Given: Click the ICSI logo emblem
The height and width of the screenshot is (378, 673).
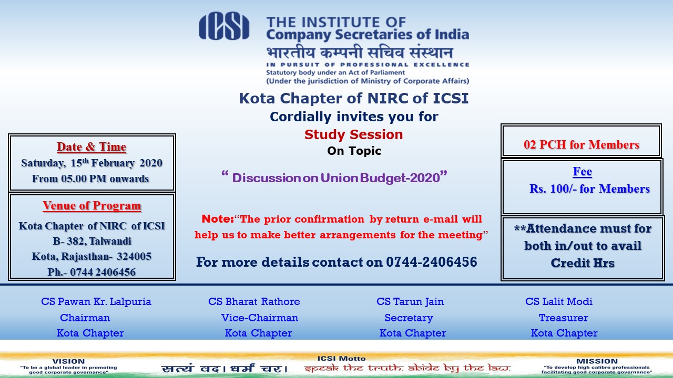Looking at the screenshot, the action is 224,26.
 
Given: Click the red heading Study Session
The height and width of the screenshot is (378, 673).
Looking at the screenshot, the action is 354,134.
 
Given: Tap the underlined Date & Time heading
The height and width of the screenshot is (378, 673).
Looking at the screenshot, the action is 91,146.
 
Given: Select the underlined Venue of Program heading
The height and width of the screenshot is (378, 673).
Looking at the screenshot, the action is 91,206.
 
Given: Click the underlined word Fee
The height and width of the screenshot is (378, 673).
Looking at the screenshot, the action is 582,172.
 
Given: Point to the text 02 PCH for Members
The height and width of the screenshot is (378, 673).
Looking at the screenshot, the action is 582,144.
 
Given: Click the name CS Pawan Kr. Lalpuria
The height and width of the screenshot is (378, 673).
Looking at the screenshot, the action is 96,301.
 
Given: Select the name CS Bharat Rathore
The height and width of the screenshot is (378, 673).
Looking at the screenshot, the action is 254,301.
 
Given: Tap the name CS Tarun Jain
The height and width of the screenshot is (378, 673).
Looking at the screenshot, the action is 410,301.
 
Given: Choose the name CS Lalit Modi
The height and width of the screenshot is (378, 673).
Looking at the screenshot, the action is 559,301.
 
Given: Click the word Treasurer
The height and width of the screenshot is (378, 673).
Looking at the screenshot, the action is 563,318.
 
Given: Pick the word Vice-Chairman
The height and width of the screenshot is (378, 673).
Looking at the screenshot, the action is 260,318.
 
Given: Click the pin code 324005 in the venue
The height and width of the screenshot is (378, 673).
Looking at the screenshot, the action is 134,257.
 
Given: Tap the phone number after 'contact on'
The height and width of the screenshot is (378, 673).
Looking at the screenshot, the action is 432,262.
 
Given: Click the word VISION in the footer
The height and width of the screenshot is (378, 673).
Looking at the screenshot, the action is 68,361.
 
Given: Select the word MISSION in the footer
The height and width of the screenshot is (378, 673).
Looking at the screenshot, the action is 597,361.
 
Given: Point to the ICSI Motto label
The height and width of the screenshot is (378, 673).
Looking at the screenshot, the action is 341,359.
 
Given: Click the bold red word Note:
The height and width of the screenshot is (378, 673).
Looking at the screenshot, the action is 218,219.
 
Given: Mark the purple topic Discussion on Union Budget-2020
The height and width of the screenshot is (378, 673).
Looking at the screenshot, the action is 336,178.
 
